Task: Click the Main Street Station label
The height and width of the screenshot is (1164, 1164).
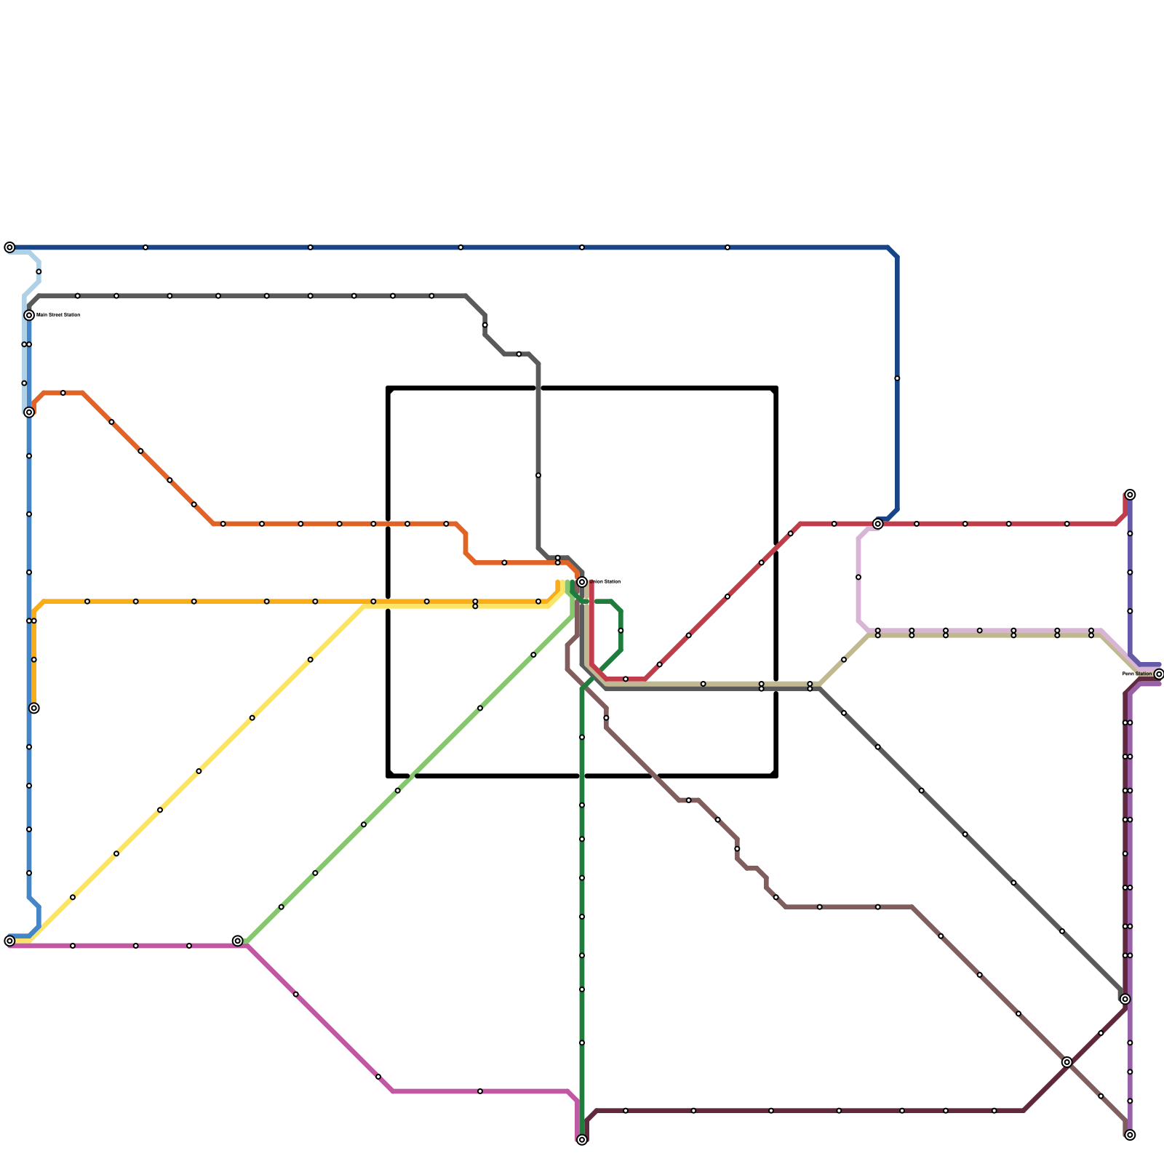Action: tap(58, 315)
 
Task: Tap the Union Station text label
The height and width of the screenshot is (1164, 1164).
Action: tap(605, 581)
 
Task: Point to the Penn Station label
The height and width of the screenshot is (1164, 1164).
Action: tap(1137, 674)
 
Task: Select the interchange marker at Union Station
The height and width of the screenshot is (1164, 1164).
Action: tap(582, 582)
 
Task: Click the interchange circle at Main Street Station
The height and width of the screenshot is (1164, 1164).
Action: tap(29, 315)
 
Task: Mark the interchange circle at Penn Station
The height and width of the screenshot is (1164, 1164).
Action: tap(1159, 674)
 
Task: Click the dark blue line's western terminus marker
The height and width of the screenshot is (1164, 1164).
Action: tap(9, 247)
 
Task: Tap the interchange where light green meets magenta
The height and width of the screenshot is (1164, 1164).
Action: tap(238, 941)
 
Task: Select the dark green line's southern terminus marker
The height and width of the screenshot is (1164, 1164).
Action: tap(582, 1140)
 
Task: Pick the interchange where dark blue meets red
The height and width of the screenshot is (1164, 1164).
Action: tap(878, 524)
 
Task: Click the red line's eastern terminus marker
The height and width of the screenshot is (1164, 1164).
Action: tap(1130, 495)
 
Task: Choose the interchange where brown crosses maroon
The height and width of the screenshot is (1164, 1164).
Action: tap(1067, 1062)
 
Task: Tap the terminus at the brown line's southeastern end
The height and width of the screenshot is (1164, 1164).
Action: tap(1130, 1135)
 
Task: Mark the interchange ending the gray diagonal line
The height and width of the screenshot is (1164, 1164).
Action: tap(1125, 999)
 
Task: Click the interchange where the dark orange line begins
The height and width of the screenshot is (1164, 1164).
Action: tap(29, 412)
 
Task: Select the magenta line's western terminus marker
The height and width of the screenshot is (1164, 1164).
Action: tap(9, 941)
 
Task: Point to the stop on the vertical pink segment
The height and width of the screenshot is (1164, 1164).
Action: tap(858, 577)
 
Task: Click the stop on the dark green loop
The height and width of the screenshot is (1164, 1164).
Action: tap(621, 631)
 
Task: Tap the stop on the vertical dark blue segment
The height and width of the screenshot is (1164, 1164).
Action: tap(897, 378)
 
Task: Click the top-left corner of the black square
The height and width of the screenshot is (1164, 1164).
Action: tap(389, 388)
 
